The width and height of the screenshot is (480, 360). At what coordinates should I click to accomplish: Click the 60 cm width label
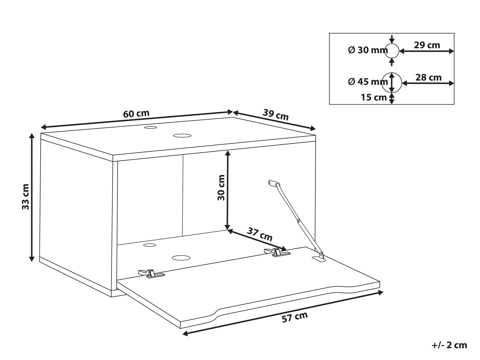pos(136,114)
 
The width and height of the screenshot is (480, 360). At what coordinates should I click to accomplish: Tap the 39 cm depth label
pos(276,114)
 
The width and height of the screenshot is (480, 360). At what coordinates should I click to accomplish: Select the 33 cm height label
pos(26,196)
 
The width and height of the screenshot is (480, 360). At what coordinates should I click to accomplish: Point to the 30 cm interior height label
pos(221,187)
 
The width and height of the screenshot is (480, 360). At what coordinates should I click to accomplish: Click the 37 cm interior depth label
pos(260,234)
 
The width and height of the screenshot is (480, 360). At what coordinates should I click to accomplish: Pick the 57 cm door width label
pos(295,317)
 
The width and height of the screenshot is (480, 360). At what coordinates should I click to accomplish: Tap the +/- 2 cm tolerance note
pos(449,345)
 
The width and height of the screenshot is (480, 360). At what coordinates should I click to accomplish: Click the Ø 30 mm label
pos(368,50)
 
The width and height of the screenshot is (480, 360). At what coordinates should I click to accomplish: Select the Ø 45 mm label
pos(368,81)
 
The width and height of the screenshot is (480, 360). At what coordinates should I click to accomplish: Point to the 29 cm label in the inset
pos(427,45)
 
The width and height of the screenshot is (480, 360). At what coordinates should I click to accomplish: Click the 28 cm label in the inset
pos(429,77)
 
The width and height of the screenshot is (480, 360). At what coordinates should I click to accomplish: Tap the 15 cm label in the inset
pos(374,97)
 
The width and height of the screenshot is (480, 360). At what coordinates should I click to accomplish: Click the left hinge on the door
pos(151,273)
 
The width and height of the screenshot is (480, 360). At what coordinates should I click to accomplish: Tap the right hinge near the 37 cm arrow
pos(277,252)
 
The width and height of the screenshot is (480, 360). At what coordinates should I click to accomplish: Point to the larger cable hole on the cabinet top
pos(182,136)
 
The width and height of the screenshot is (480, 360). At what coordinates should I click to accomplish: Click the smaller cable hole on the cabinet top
pos(151,128)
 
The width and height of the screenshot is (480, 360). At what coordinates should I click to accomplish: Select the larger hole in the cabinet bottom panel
pos(181,258)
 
